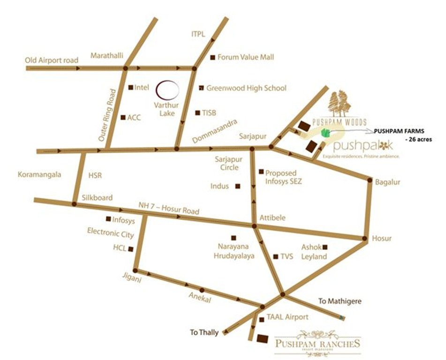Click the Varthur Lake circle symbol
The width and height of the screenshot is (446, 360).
167,89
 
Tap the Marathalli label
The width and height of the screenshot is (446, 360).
107,55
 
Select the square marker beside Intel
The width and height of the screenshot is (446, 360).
130,87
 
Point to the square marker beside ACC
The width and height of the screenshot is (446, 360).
123,118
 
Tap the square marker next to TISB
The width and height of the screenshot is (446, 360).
197,112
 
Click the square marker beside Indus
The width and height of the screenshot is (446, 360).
238,186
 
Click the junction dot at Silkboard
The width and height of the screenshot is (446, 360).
74,204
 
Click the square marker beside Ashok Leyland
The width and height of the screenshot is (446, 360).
325,247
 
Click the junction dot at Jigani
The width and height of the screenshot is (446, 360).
135,271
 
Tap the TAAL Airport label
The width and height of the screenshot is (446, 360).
287,317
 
